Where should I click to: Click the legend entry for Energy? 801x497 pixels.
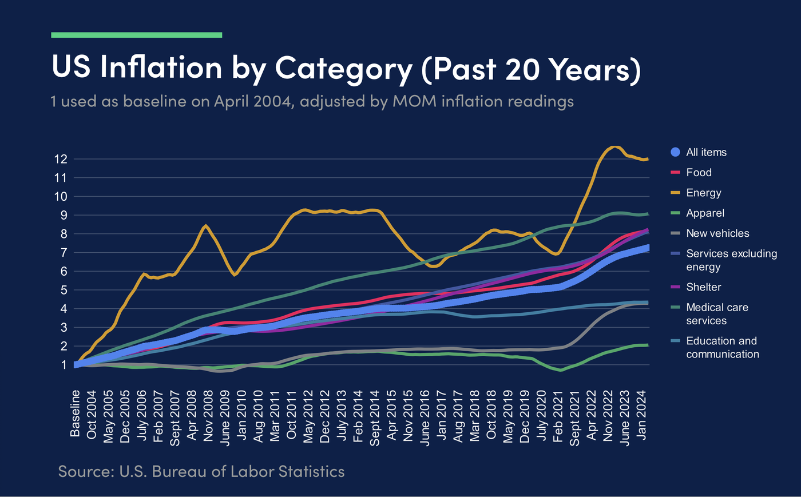[x=703, y=193]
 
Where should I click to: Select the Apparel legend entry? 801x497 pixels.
[x=705, y=213]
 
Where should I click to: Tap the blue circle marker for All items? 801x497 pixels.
[x=676, y=152]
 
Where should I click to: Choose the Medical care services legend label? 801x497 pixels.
[x=717, y=314]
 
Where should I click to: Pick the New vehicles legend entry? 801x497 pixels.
[x=717, y=233]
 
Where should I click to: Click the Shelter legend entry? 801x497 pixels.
[x=703, y=287]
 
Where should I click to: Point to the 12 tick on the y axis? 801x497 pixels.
[x=61, y=159]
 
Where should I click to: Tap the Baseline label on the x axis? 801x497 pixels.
[x=76, y=413]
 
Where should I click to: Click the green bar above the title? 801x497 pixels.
[x=136, y=35]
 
